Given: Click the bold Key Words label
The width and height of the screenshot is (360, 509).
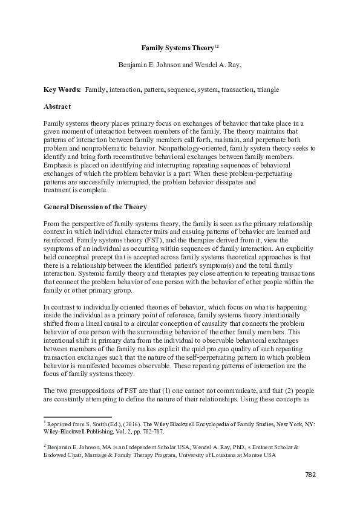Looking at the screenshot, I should (x=62, y=89).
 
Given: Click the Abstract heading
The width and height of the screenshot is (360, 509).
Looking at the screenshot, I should (x=58, y=106).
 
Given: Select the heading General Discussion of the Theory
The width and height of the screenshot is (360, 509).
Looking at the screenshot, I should (x=95, y=207).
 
